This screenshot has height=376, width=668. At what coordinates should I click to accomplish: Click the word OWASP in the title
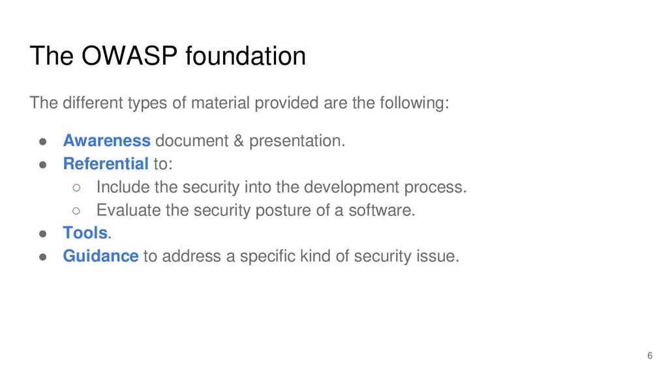point(129,56)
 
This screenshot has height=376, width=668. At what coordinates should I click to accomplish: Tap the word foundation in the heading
point(245,56)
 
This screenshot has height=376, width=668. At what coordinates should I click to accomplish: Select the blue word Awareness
point(106,141)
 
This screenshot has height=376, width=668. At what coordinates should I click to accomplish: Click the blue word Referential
point(106,164)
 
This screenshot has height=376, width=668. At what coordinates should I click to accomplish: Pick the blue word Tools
point(85,233)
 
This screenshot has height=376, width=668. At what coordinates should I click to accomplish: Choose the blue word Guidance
point(100,256)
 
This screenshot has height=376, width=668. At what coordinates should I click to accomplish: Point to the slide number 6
point(650,356)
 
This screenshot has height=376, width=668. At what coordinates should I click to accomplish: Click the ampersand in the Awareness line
point(239,141)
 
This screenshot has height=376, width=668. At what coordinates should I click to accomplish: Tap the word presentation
point(297,141)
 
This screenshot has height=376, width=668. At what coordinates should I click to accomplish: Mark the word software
point(382,210)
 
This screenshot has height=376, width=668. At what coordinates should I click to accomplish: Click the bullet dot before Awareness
point(42,142)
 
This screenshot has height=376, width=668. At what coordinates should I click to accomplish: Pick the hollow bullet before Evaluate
point(76,211)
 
